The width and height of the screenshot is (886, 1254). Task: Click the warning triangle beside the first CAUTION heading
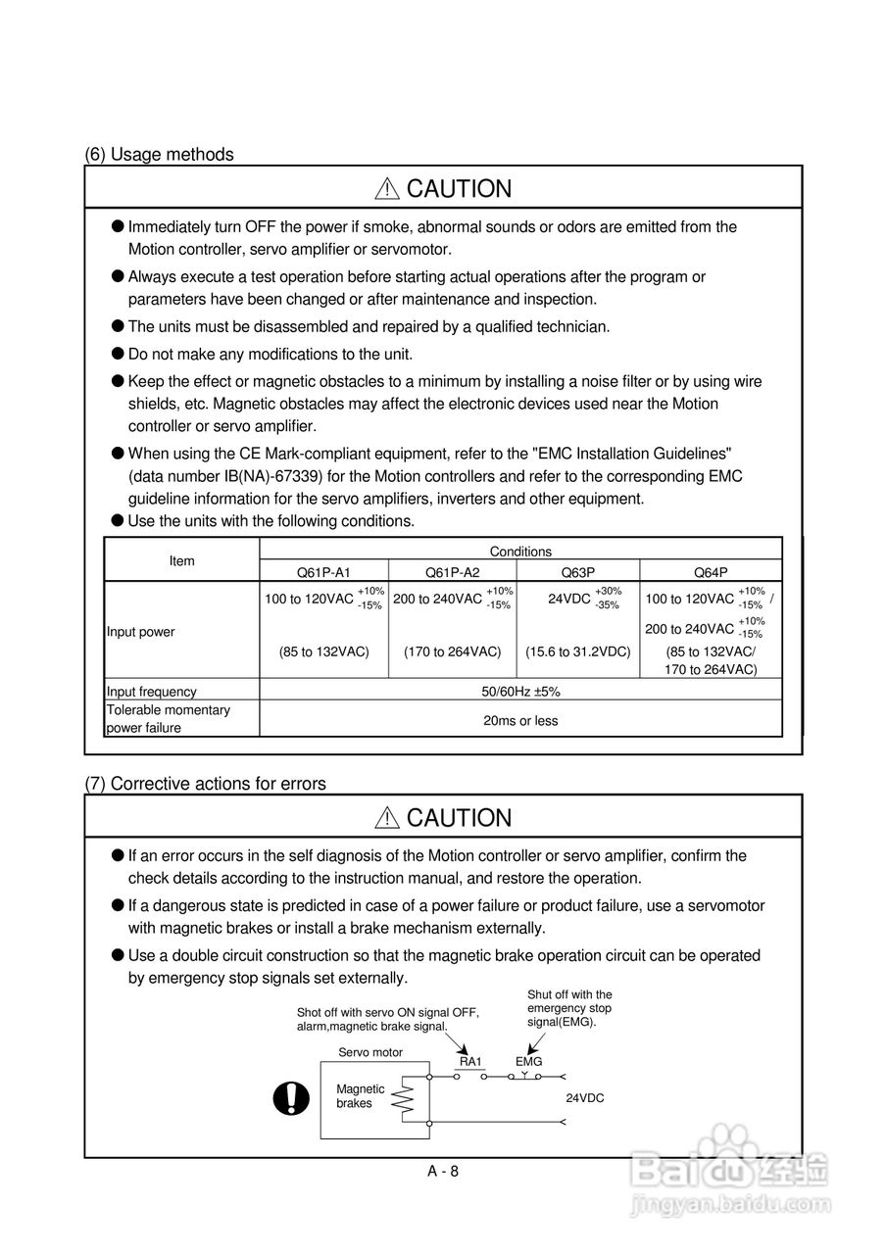(x=388, y=189)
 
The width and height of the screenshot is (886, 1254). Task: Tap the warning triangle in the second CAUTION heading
(x=388, y=818)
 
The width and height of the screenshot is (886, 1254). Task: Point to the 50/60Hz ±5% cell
(x=520, y=692)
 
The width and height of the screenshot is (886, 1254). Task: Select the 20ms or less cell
(x=520, y=721)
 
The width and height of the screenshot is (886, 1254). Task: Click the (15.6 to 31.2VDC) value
(x=578, y=651)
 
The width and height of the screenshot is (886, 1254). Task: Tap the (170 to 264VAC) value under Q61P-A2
(x=452, y=651)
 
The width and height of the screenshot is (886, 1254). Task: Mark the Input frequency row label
(x=152, y=692)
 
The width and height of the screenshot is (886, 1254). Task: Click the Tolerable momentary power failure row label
(x=169, y=719)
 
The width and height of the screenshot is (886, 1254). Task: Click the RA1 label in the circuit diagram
(x=470, y=1061)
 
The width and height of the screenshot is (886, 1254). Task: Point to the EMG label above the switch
(x=528, y=1061)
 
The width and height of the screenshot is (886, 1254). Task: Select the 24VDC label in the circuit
(x=585, y=1098)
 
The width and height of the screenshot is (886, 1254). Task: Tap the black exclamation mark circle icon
(x=291, y=1099)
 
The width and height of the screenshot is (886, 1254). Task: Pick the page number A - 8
(x=443, y=1171)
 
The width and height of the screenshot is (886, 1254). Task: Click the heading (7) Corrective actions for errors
(x=206, y=784)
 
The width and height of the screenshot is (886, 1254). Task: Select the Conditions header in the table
(x=520, y=552)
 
